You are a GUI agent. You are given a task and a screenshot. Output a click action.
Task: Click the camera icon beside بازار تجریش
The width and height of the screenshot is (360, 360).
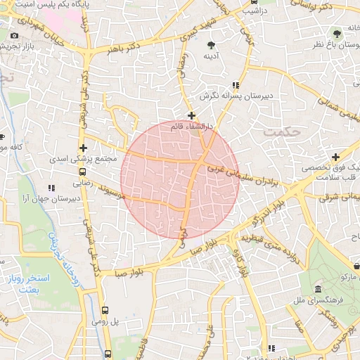click(15, 35)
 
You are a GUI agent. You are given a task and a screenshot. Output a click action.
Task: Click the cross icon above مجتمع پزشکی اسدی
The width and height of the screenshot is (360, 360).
click(84, 148)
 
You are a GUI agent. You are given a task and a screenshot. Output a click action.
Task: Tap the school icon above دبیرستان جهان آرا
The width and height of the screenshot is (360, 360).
click(51, 188)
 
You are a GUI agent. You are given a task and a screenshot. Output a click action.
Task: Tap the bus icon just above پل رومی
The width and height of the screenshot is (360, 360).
click(105, 309)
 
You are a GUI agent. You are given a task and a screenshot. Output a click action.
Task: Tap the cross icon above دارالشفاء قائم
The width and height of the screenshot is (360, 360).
click(191, 115)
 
